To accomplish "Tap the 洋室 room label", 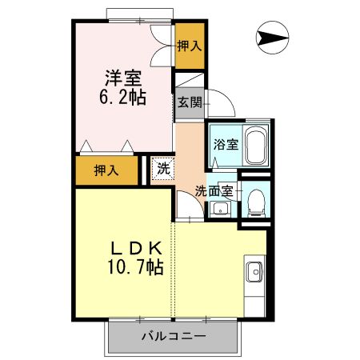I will (x=122, y=80).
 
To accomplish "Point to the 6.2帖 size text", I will (x=122, y=99).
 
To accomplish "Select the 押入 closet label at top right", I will (x=189, y=47).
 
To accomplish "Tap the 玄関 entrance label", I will (x=190, y=102).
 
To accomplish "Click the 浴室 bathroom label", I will (x=225, y=145).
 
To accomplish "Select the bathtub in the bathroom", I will (x=254, y=146).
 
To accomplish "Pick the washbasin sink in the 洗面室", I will (x=220, y=210).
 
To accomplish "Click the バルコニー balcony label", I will (x=175, y=336).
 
